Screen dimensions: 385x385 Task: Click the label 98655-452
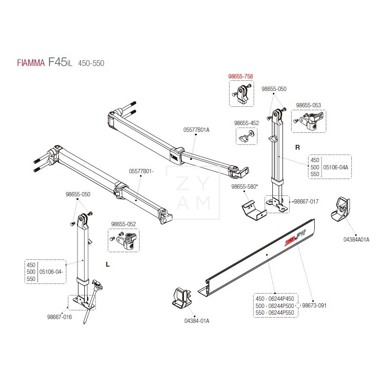point(246,123)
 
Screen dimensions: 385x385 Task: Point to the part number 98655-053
point(308,105)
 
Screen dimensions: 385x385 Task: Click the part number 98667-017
point(306,201)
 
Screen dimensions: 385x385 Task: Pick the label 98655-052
point(123,224)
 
